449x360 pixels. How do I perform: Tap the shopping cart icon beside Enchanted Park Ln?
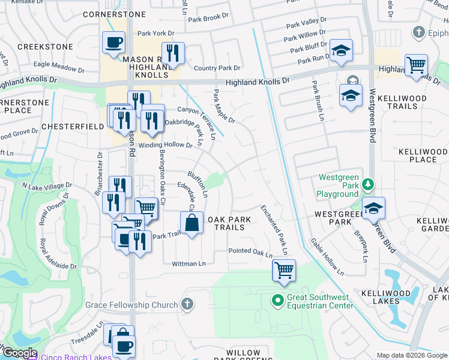pos(284,269)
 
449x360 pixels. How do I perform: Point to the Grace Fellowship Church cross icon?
pos(188,305)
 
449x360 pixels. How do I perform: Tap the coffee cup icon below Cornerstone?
pos(114,43)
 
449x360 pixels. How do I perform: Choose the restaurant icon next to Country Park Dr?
pos(172,53)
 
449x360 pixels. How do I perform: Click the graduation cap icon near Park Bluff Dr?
pos(341,53)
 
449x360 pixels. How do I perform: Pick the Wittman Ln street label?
pos(188,263)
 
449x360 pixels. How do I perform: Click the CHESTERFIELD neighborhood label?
pos(64,127)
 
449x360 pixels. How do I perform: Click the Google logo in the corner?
pos(19,353)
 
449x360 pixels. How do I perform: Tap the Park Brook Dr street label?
pos(212,19)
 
